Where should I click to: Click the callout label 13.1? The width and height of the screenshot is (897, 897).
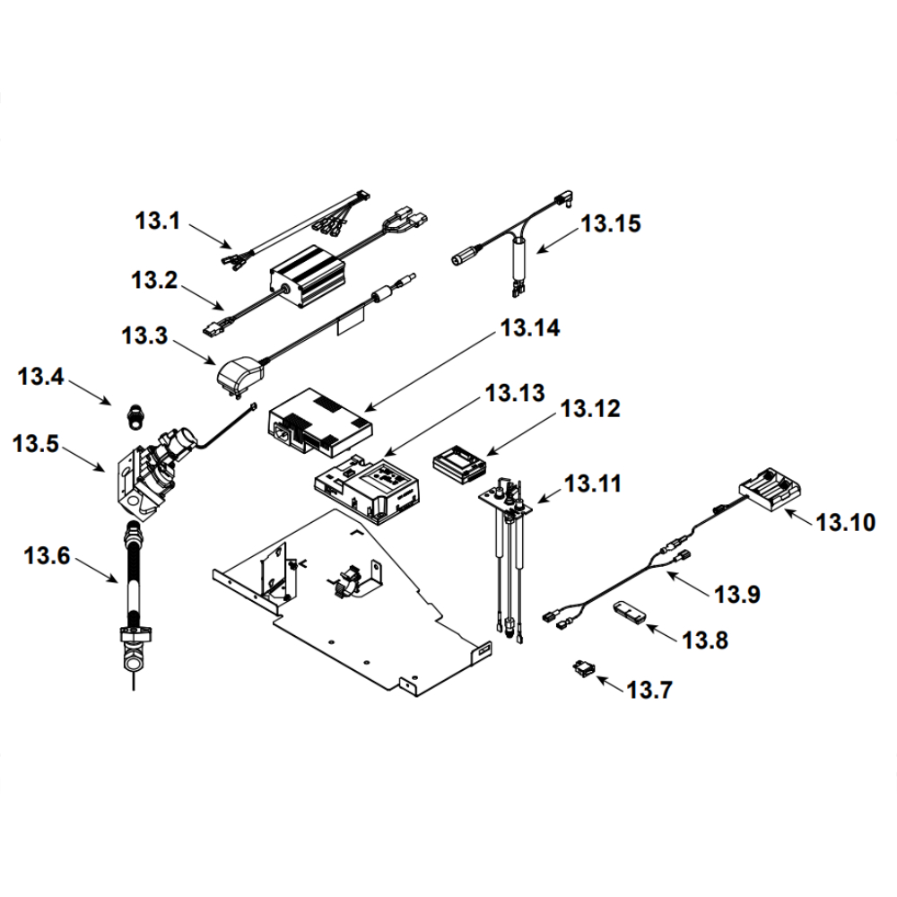coord(158,220)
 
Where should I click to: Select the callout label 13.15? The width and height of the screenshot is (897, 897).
coord(611,223)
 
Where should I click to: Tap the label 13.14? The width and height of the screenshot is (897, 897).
coord(531,329)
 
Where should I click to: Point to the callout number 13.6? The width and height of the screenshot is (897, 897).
coord(47,556)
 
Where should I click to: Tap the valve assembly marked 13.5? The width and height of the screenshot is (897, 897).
coord(148,471)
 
